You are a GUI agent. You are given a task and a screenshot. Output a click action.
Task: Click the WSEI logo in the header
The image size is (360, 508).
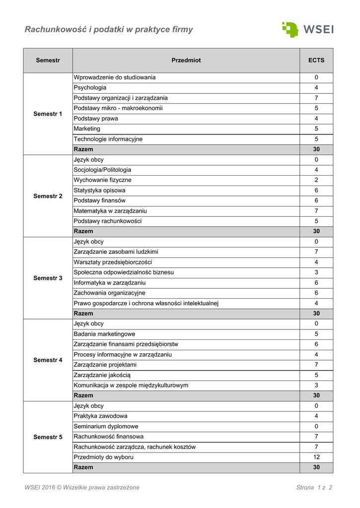(307, 29)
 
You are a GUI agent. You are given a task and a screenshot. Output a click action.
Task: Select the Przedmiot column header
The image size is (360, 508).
(186, 61)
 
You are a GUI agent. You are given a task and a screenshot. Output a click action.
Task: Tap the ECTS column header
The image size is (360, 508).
(316, 61)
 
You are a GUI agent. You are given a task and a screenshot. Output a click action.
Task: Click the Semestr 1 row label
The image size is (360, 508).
(48, 114)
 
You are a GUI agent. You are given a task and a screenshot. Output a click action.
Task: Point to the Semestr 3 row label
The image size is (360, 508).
(48, 278)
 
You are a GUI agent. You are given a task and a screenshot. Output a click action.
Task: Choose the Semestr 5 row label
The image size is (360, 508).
(48, 437)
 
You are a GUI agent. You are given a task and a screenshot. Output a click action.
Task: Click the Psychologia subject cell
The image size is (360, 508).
(90, 88)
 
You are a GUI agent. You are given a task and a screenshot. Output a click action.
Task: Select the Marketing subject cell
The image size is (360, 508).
(87, 129)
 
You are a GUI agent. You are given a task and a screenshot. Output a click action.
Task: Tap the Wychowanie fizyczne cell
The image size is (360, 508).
(103, 180)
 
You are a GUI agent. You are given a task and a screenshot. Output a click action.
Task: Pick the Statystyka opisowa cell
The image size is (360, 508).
(99, 190)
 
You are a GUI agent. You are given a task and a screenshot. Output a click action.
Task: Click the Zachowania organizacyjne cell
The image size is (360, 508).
(109, 293)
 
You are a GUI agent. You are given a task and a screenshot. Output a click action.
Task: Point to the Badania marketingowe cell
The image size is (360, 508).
(104, 334)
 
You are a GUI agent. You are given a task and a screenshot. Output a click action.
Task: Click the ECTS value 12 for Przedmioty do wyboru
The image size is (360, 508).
(316, 457)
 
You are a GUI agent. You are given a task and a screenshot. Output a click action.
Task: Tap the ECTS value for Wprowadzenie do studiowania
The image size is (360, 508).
(316, 78)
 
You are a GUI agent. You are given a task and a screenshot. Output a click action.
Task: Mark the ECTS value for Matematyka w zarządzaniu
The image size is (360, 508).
(316, 211)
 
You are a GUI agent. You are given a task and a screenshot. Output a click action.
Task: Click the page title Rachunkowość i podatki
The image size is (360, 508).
(109, 30)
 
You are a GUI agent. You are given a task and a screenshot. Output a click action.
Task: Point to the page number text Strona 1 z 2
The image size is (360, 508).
(314, 488)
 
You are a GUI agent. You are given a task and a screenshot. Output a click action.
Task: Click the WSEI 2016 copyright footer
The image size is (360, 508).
(82, 488)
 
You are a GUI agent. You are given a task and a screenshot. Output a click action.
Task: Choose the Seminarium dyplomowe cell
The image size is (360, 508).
(106, 427)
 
